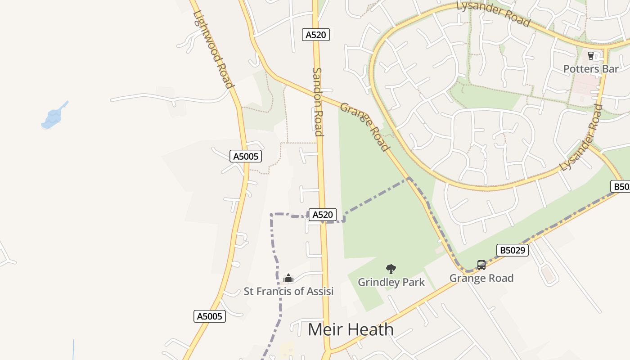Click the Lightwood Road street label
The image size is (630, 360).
[213, 49]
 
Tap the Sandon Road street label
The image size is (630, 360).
[318, 101]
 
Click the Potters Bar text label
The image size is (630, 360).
[591, 69]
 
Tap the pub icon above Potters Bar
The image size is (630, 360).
[591, 56]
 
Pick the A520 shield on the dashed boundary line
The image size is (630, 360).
[322, 215]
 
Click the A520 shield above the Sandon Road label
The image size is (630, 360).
[315, 35]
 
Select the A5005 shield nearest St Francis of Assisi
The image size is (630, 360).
[210, 316]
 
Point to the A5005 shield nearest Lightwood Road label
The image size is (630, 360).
[245, 156]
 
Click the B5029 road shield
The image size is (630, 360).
[512, 250]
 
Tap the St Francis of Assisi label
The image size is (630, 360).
[288, 291]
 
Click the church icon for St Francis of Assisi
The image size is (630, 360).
[288, 279]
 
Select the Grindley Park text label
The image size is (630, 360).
[391, 282]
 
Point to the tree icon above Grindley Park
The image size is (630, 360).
[391, 269]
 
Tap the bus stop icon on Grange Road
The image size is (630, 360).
[481, 265]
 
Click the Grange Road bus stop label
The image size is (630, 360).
[481, 278]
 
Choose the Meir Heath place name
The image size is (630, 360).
[351, 330]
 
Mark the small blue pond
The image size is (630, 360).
[53, 117]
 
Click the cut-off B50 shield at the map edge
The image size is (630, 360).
[621, 186]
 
